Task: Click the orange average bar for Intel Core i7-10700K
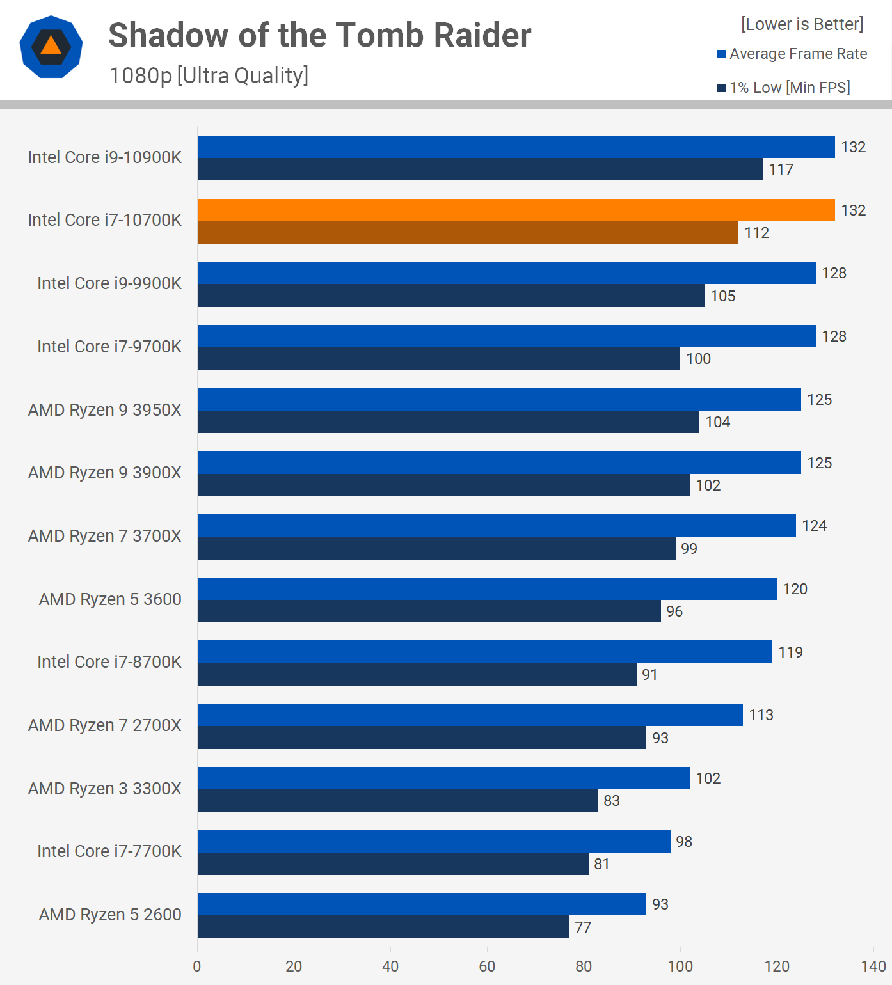point(516,210)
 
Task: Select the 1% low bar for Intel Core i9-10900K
point(480,169)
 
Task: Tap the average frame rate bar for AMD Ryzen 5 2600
point(422,904)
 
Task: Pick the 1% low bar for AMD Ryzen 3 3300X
point(397,801)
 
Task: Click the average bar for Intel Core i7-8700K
point(484,652)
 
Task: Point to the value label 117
point(781,169)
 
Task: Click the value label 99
point(689,549)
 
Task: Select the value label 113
point(761,715)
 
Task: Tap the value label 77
point(582,927)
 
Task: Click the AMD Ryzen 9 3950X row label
point(104,410)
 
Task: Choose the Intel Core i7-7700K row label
point(109,851)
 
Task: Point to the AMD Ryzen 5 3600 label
point(110,599)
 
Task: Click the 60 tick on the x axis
point(487,966)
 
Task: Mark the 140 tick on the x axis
point(873,966)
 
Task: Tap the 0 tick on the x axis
point(197,966)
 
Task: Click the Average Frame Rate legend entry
point(792,54)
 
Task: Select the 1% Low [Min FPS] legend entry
point(784,88)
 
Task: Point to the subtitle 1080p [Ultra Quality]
point(209,75)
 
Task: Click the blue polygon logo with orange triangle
point(51,47)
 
